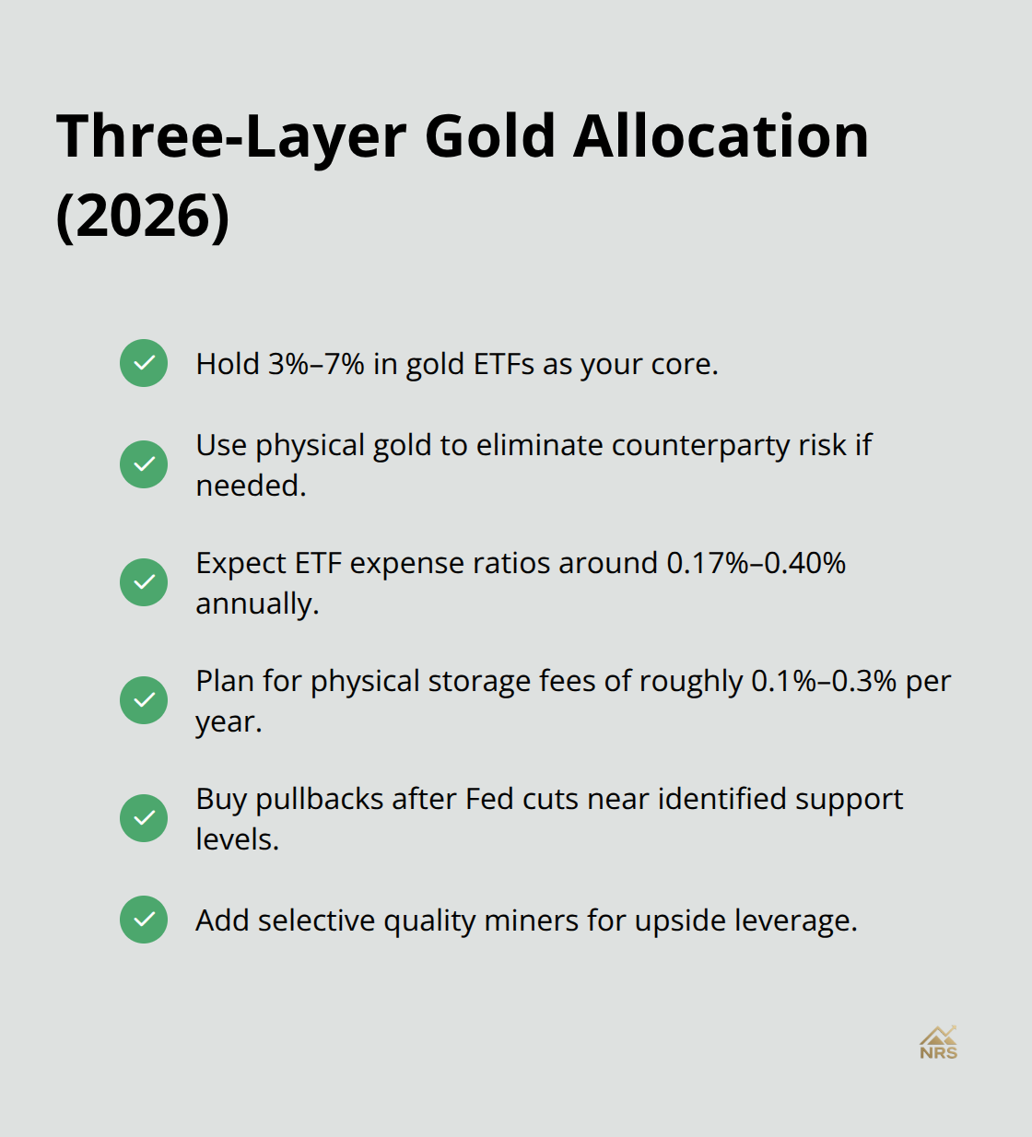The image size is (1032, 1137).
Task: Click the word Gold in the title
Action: pyautogui.click(x=490, y=136)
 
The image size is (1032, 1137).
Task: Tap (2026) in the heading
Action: pyautogui.click(x=143, y=216)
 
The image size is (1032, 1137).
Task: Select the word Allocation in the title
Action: pyautogui.click(x=721, y=136)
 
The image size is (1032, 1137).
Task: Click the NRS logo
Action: pyautogui.click(x=938, y=1043)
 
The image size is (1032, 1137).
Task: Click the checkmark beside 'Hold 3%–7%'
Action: pyautogui.click(x=144, y=363)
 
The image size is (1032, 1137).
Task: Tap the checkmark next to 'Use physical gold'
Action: pyautogui.click(x=144, y=463)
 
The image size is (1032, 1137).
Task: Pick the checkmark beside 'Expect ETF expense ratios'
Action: pyautogui.click(x=144, y=581)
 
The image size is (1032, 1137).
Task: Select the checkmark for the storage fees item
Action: pyautogui.click(x=144, y=699)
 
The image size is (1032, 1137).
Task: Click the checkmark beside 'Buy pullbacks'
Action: pyautogui.click(x=144, y=817)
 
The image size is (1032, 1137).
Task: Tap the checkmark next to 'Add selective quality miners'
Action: pyautogui.click(x=144, y=919)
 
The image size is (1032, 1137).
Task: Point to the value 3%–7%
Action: pyautogui.click(x=316, y=364)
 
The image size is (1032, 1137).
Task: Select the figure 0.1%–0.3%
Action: pyautogui.click(x=824, y=681)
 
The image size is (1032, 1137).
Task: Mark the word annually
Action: pyautogui.click(x=257, y=604)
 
